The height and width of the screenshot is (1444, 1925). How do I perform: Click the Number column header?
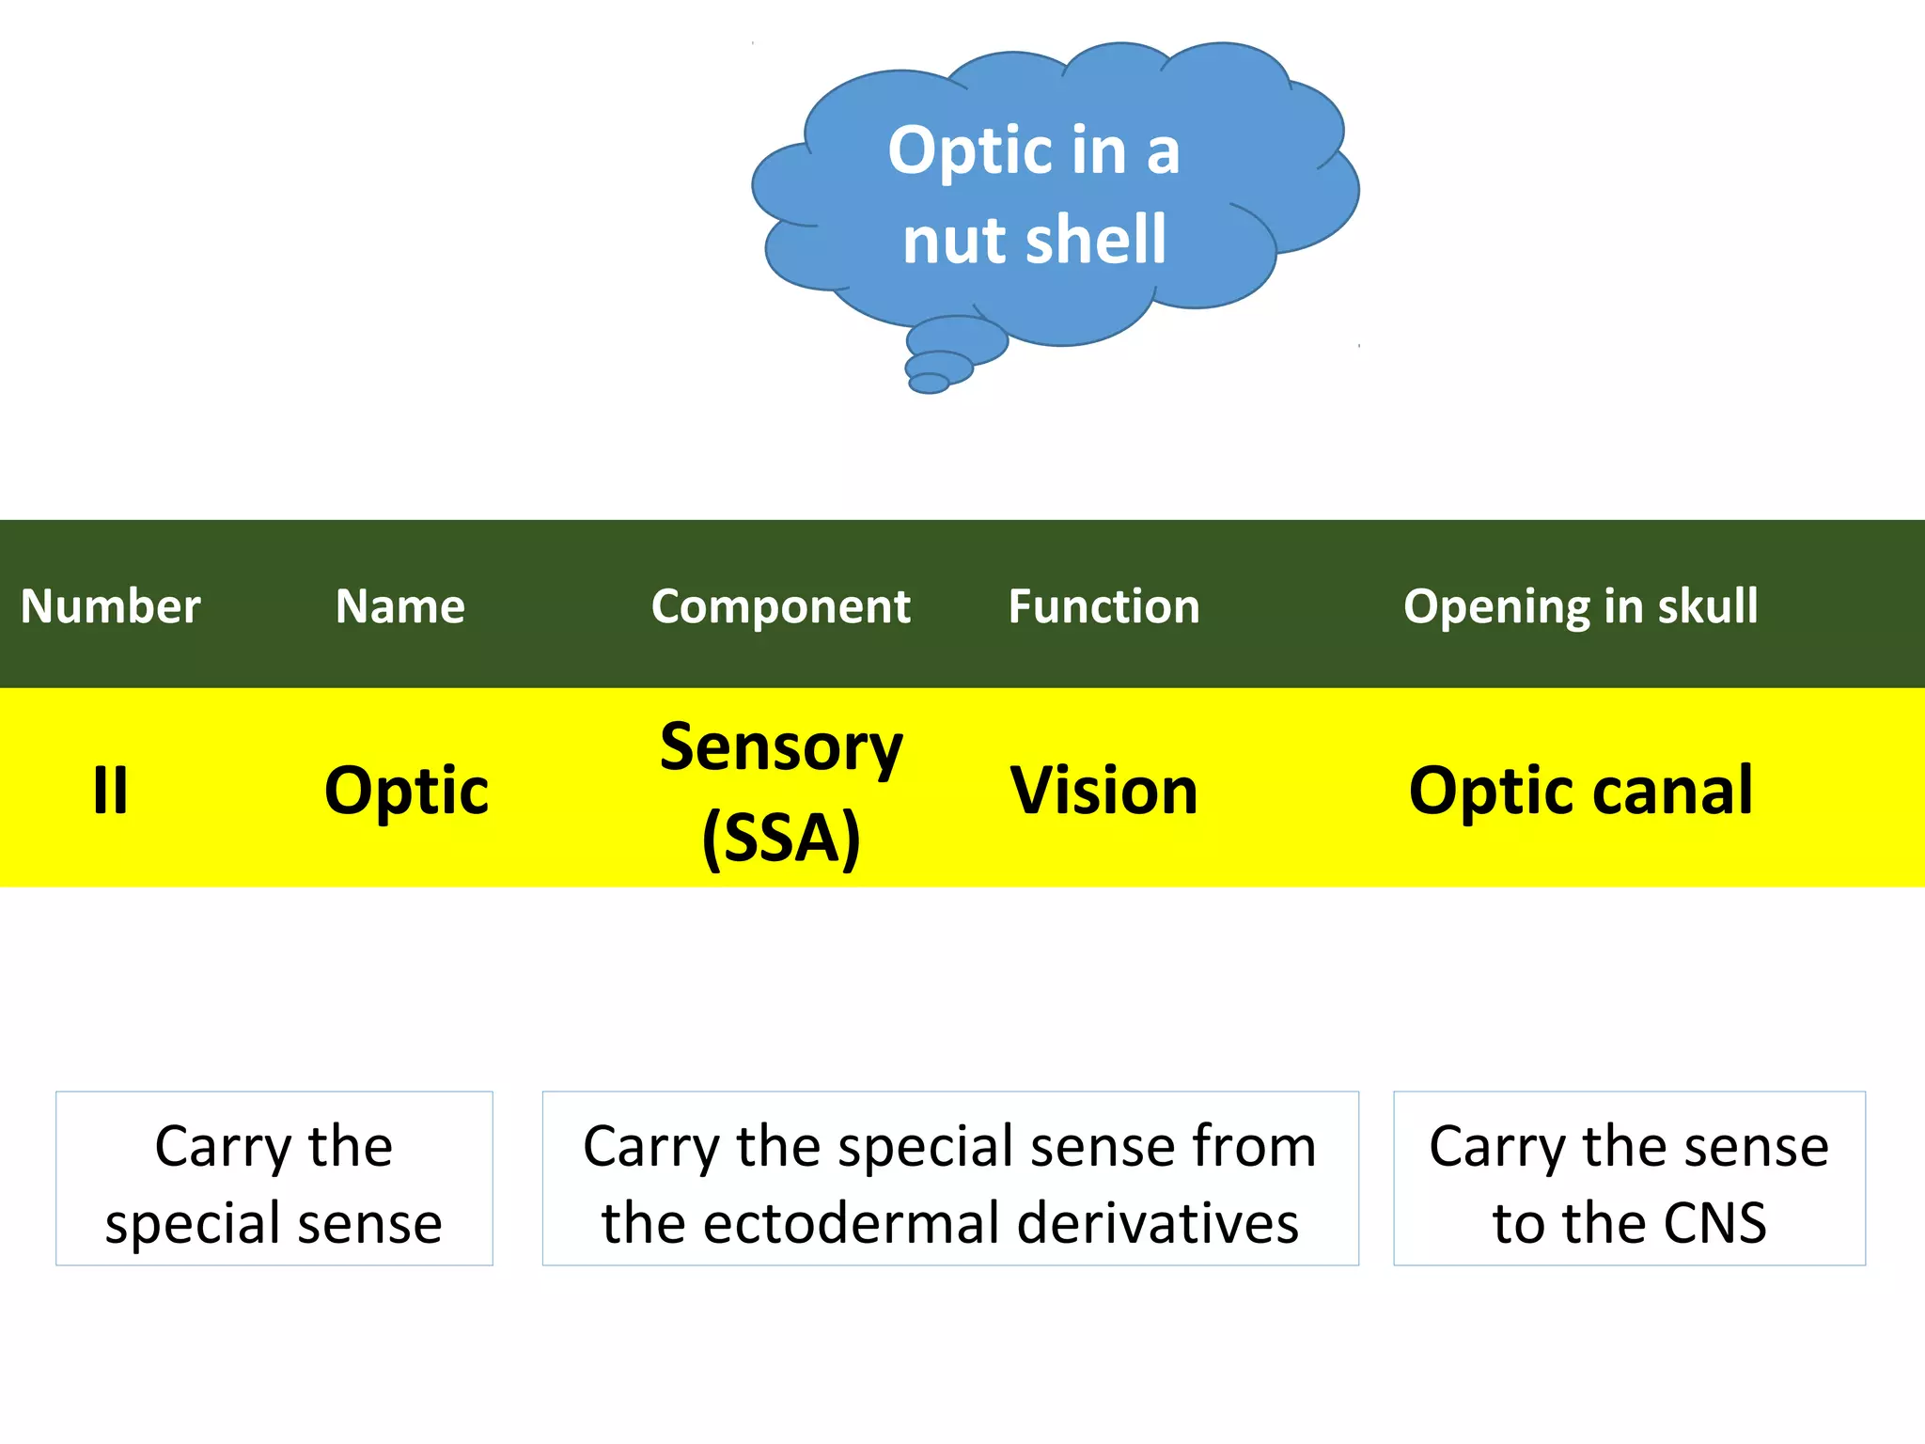[111, 606]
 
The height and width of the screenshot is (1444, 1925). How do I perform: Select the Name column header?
[400, 606]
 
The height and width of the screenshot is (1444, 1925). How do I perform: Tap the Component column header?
[780, 606]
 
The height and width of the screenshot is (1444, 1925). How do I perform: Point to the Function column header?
[1103, 606]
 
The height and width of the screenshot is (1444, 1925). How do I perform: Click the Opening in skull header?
[1580, 606]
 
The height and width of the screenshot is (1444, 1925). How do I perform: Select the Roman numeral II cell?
[111, 790]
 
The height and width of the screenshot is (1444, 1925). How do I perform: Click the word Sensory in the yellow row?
[780, 747]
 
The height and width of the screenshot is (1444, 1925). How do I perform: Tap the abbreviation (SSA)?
[780, 837]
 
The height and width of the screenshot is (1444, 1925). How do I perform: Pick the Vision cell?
[1103, 790]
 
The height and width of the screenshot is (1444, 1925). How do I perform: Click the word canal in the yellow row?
[1673, 790]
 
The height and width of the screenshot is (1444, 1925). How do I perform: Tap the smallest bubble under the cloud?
[929, 383]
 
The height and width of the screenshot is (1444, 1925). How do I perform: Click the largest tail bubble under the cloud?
[957, 339]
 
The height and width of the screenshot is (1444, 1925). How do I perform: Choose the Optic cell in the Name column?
[406, 790]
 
